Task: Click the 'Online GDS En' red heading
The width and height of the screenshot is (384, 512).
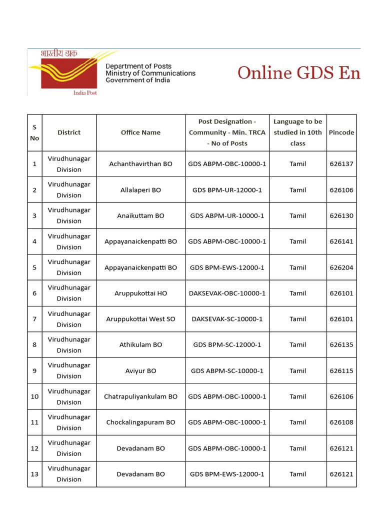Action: click(x=298, y=73)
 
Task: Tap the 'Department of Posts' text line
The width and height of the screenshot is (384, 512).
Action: click(x=138, y=66)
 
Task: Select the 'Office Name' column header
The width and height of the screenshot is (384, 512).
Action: click(x=140, y=132)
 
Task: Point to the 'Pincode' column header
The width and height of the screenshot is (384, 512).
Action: click(x=341, y=132)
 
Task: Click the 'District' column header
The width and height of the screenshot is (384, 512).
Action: click(x=69, y=132)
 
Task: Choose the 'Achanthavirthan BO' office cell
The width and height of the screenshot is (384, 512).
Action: click(x=140, y=164)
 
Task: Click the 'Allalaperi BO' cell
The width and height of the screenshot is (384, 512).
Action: click(x=140, y=190)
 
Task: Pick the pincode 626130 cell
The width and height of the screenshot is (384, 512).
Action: click(x=341, y=216)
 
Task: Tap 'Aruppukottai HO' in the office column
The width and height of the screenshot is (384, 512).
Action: click(x=140, y=293)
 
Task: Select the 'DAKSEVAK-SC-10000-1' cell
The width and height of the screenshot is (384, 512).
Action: click(x=227, y=319)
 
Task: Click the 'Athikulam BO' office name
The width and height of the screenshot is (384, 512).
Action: click(x=140, y=345)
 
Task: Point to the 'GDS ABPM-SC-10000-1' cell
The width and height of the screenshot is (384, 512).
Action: click(x=227, y=371)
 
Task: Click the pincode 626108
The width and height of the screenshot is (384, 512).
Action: click(x=341, y=422)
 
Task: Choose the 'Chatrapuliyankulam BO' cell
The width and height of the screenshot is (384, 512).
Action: click(x=140, y=396)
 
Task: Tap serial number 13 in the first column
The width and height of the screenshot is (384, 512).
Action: click(x=34, y=474)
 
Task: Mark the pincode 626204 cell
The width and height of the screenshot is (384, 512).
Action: click(x=341, y=267)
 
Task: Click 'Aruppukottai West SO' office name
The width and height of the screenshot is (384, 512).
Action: click(x=140, y=319)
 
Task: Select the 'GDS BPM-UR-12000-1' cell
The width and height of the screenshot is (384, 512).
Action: click(x=227, y=190)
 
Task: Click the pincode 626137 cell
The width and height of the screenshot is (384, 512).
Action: click(x=341, y=164)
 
